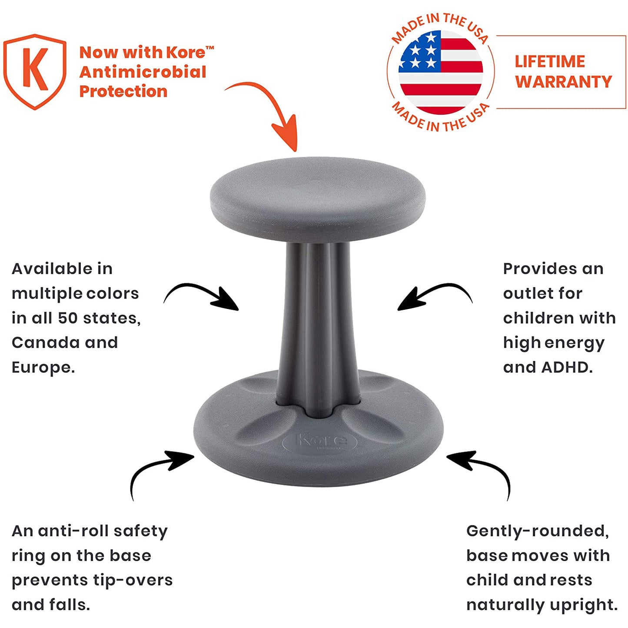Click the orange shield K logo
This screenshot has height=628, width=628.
35,71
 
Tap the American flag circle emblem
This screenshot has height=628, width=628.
441,72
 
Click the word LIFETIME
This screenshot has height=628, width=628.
550,62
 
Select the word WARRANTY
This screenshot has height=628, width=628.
564,82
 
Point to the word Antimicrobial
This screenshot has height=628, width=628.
143,72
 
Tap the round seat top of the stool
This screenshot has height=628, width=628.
318,193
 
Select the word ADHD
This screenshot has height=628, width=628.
567,368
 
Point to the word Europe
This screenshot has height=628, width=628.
43,368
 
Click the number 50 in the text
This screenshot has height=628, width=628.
67,318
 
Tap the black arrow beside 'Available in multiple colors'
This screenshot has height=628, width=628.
202,296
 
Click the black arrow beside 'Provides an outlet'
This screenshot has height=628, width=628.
435,296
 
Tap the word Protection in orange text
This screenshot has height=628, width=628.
123,92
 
